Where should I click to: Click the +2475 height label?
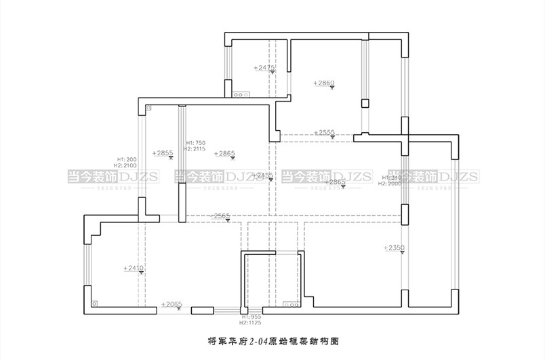point(264,68)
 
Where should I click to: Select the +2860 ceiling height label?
point(324,83)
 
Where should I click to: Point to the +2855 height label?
point(163,153)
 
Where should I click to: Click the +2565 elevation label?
point(221,216)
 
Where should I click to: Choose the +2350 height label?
point(393,248)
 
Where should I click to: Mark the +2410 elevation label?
point(134,269)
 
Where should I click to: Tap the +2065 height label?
point(171,305)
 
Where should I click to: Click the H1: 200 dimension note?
point(127,159)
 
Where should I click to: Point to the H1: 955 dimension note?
point(251,317)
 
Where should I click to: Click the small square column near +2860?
point(365,103)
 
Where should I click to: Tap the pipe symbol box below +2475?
point(240,96)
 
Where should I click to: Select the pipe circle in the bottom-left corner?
point(94,304)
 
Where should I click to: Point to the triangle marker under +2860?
point(331,89)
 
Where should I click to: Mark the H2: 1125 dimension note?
point(251,323)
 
